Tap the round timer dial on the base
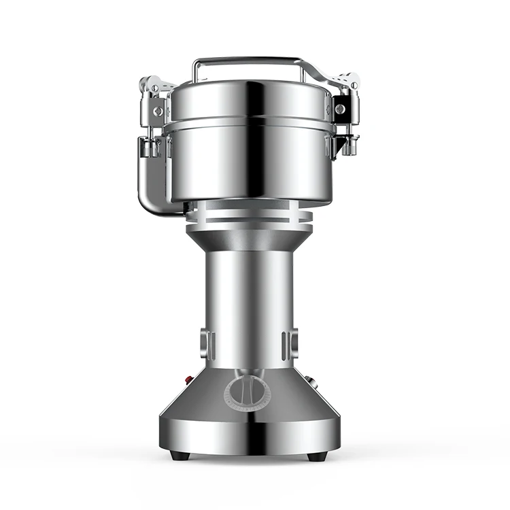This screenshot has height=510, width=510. [247, 392]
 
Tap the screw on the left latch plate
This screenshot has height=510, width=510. [158, 109]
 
